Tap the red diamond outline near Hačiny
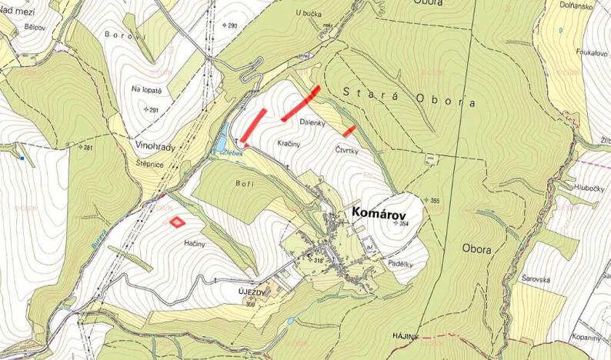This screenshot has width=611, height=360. (177, 222)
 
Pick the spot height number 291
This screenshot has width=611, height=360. (152, 110)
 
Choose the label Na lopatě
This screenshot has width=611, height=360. (146, 89)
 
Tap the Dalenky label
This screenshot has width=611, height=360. (312, 122)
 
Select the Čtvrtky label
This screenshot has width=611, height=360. (347, 150)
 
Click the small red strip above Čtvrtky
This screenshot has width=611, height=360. (349, 130)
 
